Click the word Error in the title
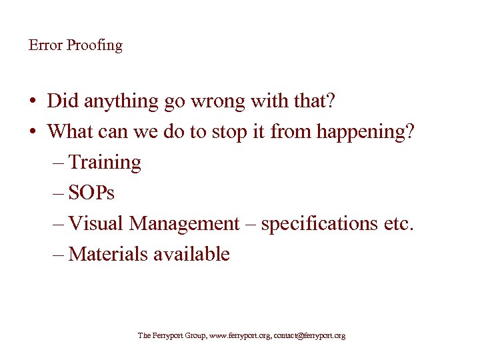click(x=44, y=45)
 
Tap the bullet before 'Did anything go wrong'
click(x=33, y=102)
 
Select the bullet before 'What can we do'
click(x=33, y=131)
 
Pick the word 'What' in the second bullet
click(x=70, y=131)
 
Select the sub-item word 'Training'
click(x=105, y=163)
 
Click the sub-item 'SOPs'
click(x=91, y=193)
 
